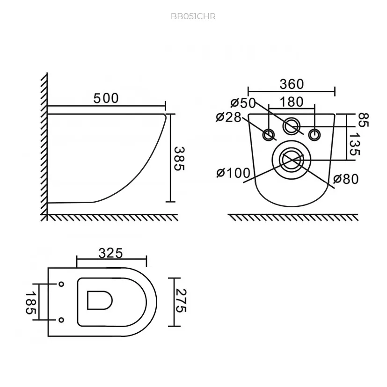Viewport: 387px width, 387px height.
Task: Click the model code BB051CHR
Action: (x=193, y=16)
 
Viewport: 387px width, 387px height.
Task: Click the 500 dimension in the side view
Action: (x=106, y=98)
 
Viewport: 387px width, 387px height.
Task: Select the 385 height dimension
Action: (x=179, y=159)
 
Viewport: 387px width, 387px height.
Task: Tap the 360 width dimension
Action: (x=292, y=84)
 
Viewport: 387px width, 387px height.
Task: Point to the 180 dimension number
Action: (x=292, y=102)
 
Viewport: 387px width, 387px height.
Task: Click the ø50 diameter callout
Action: (x=243, y=103)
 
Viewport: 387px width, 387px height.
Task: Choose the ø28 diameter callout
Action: (x=228, y=117)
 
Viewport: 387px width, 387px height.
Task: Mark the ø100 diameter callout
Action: (x=233, y=173)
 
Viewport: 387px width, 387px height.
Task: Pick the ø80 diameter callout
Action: (x=346, y=179)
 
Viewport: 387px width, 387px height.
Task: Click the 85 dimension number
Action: (x=363, y=120)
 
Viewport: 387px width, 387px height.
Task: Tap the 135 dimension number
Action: (x=355, y=144)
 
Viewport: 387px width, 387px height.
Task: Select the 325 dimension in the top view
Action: (x=110, y=253)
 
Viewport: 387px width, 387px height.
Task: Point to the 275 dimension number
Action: (x=181, y=301)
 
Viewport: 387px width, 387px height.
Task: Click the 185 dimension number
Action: (x=31, y=303)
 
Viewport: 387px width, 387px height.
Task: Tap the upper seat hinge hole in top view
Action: (x=61, y=284)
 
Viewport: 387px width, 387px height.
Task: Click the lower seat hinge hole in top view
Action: (x=61, y=320)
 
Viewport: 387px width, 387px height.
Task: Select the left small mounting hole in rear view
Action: (x=269, y=135)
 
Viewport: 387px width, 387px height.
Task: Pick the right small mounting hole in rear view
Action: (x=314, y=135)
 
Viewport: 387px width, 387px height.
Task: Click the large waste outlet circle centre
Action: (x=292, y=160)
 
